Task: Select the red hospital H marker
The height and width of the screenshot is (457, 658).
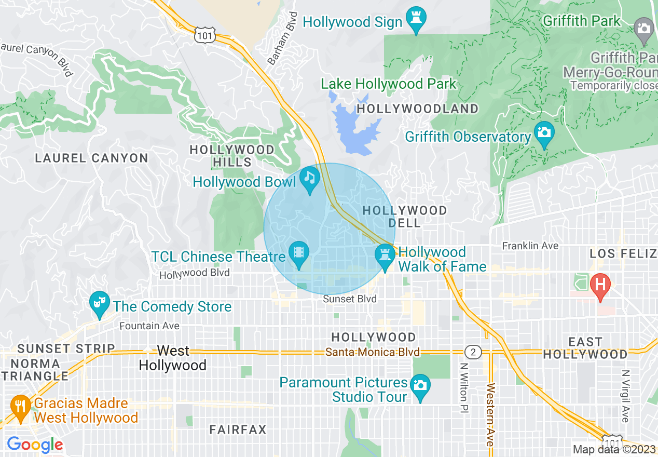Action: (x=600, y=285)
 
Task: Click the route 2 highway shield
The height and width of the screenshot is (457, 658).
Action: (x=472, y=352)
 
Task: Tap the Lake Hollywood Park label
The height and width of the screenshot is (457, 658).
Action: (x=388, y=84)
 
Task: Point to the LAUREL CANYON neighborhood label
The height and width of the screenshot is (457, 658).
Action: (x=91, y=158)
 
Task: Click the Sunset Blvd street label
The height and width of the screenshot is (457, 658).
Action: (x=349, y=299)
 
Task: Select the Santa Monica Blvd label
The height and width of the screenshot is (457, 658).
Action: (x=372, y=352)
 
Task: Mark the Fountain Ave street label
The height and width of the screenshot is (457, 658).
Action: (x=149, y=326)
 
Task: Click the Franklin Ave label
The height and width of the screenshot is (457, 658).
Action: (x=530, y=246)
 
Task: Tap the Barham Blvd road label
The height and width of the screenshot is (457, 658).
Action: (x=281, y=39)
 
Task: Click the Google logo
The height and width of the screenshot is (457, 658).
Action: (x=35, y=445)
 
